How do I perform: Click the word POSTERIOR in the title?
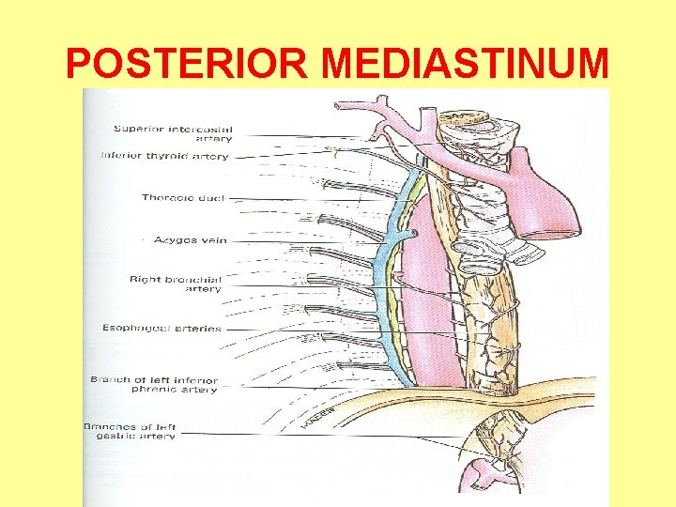click(x=188, y=64)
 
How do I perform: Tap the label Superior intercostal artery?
click(x=173, y=133)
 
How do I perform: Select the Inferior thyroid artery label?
click(x=164, y=156)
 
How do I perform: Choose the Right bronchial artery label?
click(x=176, y=284)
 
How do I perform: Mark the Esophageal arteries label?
click(x=162, y=328)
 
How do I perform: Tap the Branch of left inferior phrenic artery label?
click(x=154, y=385)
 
